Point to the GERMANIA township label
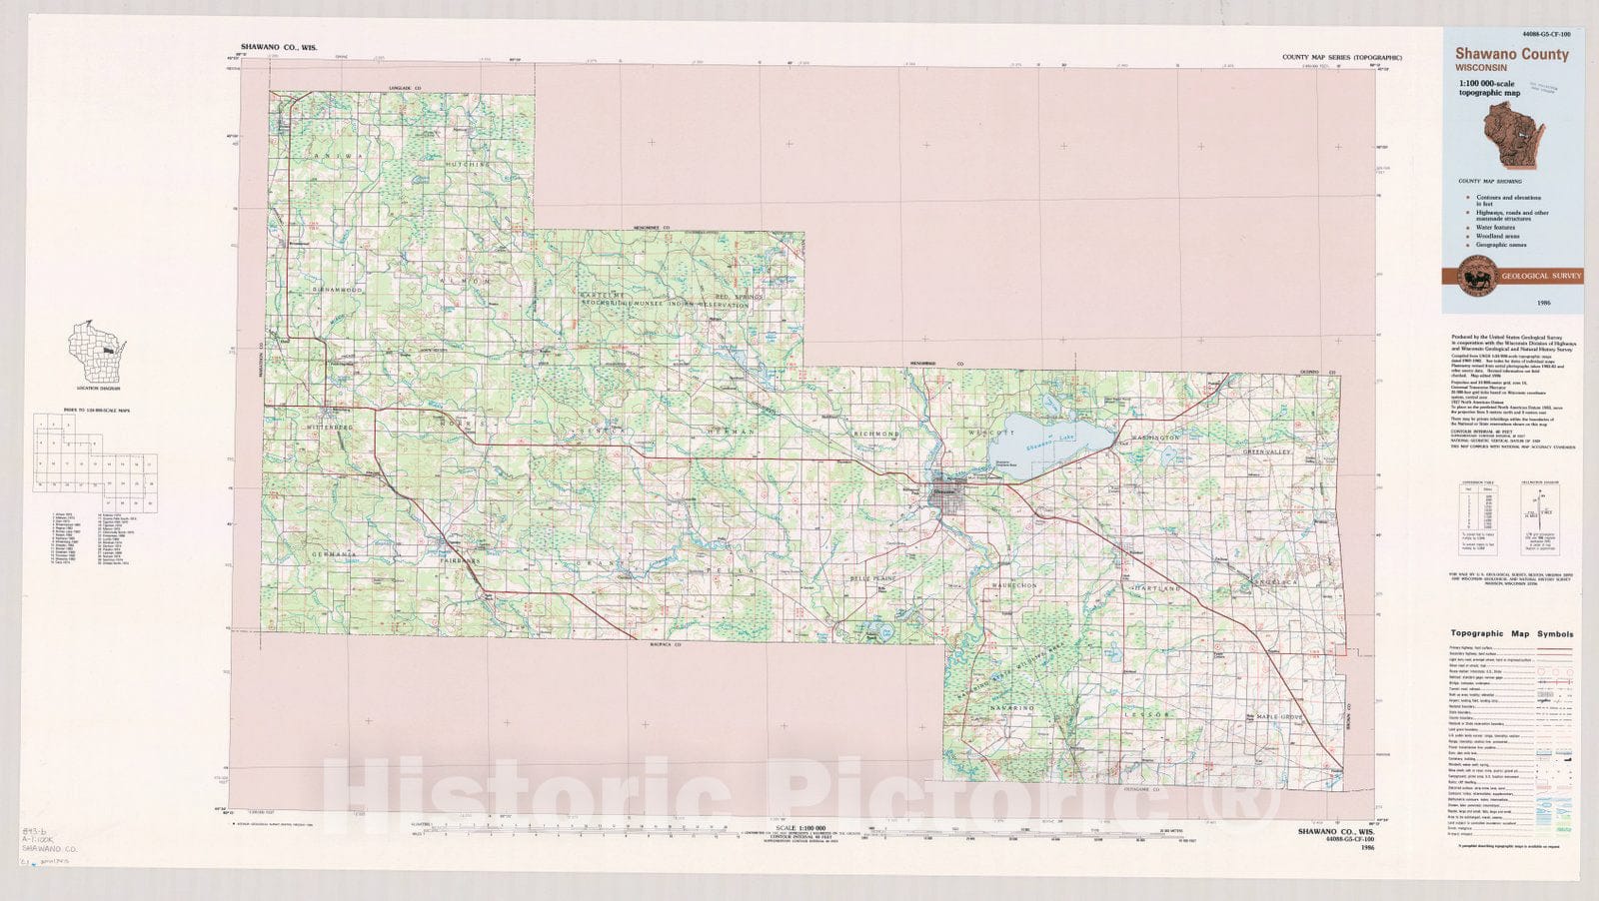[333, 554]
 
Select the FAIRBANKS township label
[461, 561]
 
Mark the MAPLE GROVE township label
[1280, 717]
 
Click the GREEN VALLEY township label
[1267, 452]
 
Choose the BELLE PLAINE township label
[873, 578]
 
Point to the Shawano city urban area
[945, 494]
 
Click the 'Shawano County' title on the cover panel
[1511, 55]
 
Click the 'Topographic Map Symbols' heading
[1511, 633]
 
